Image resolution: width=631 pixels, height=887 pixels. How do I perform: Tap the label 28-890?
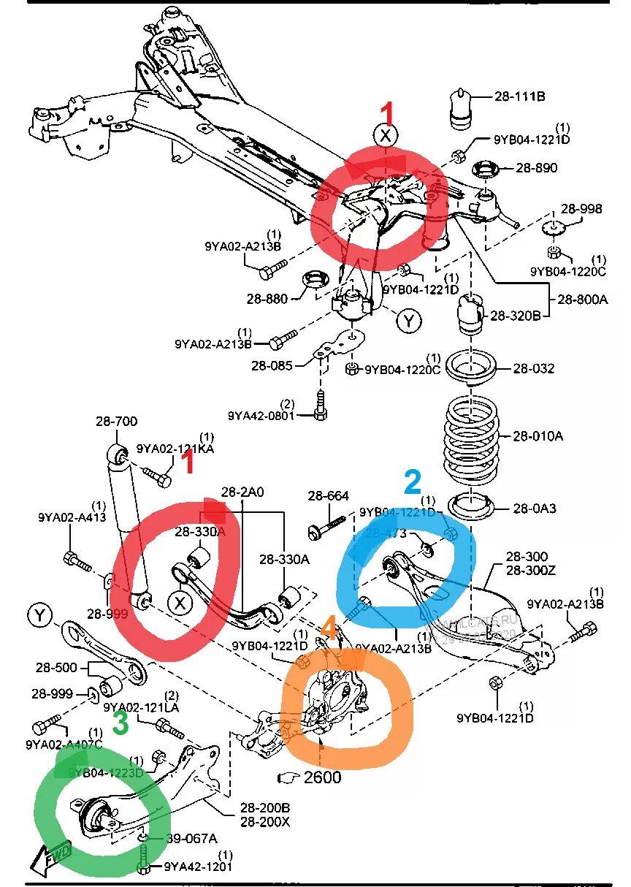click(x=537, y=167)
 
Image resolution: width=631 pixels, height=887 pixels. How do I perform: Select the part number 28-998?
click(x=581, y=209)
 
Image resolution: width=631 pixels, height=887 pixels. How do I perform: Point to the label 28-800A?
click(x=583, y=298)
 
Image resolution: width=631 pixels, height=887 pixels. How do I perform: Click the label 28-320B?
click(x=515, y=316)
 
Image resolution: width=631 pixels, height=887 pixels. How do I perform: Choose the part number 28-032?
click(x=534, y=368)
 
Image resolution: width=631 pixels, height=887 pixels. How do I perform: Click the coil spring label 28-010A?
click(x=538, y=436)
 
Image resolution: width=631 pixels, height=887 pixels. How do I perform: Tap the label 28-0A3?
click(x=535, y=508)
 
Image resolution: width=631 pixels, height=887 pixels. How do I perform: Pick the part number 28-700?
click(x=116, y=421)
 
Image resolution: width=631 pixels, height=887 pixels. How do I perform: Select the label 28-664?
click(x=328, y=496)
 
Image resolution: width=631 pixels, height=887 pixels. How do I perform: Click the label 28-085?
click(x=272, y=365)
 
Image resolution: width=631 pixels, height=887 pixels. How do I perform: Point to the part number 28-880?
click(x=267, y=298)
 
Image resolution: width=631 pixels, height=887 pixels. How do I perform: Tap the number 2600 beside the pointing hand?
click(x=322, y=777)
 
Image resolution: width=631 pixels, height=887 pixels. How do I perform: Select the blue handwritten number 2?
click(x=412, y=483)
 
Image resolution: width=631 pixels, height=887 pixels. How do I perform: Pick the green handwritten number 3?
click(x=121, y=723)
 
